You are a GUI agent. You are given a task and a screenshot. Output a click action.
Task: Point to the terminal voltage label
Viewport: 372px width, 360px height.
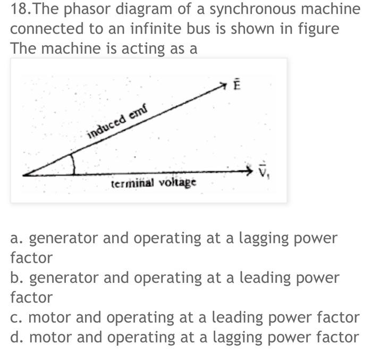[x=154, y=183]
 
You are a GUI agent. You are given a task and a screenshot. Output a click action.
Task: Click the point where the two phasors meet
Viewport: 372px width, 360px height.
[x=24, y=174]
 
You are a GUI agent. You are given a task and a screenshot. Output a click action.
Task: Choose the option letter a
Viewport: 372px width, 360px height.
[x=15, y=238]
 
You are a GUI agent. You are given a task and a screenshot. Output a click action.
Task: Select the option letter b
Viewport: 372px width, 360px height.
[x=16, y=278]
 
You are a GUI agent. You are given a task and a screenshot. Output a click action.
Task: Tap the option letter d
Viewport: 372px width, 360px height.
[x=16, y=337]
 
